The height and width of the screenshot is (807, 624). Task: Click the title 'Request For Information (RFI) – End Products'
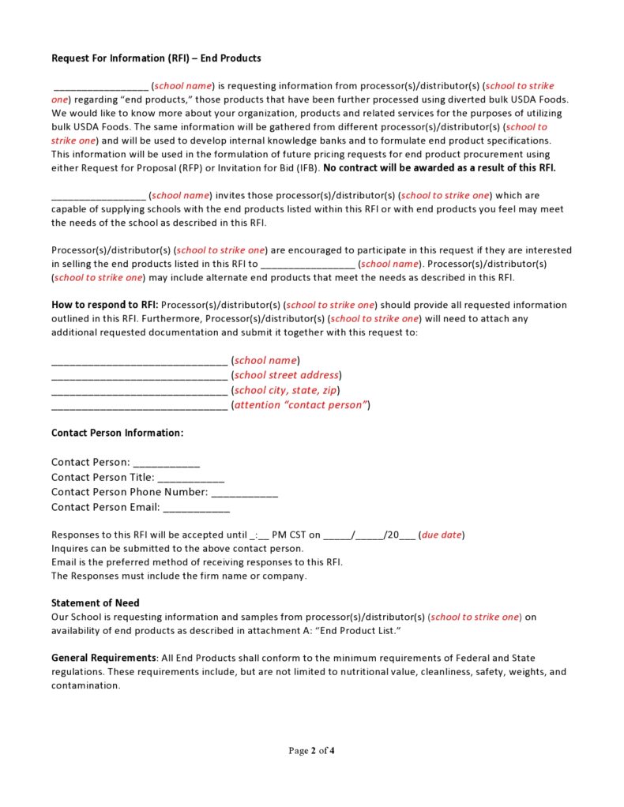point(156,58)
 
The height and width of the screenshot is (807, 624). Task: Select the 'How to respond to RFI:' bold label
point(104,305)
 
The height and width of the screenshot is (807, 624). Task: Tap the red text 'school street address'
point(287,375)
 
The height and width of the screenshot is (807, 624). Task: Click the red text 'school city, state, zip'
point(288,390)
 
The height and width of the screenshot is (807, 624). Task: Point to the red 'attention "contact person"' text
point(301,405)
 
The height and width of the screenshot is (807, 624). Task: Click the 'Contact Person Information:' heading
point(117,434)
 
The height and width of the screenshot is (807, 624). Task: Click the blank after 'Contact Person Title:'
point(191,478)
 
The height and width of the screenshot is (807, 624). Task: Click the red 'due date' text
point(442,535)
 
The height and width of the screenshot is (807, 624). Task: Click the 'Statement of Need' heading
point(95,603)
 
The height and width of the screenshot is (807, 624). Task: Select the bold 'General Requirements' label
point(103,658)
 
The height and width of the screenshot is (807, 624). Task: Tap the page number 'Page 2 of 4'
point(311,750)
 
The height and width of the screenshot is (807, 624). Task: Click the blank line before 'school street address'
point(139,376)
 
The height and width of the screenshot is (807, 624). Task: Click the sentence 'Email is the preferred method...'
point(197,562)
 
